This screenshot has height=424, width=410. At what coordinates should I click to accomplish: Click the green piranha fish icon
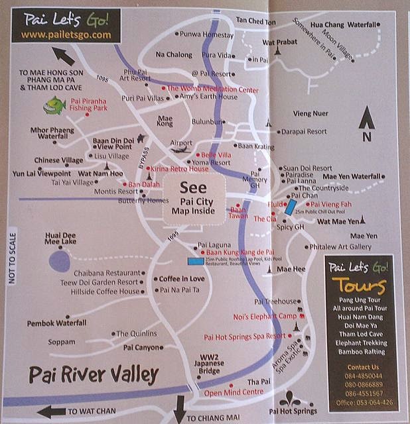point(52,103)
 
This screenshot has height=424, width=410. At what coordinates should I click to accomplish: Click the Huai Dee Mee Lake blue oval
point(60,260)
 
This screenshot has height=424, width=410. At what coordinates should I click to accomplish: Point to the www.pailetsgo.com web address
point(65,34)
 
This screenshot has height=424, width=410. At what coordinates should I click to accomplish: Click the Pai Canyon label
point(142,347)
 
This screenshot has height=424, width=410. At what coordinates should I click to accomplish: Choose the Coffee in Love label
point(181,279)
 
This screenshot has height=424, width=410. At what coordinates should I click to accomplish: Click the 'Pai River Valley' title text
point(94,375)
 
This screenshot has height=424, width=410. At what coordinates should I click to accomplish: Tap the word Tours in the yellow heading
point(359,286)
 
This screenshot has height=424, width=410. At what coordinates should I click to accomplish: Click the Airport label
point(181,142)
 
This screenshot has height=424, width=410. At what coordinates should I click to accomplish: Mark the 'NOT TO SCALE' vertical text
point(11,256)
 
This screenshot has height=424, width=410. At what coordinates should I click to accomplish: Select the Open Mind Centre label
point(234,392)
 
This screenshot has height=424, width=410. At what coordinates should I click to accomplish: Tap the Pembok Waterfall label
point(56,323)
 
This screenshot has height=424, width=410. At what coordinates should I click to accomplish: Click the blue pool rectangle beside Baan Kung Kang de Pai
point(196,261)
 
